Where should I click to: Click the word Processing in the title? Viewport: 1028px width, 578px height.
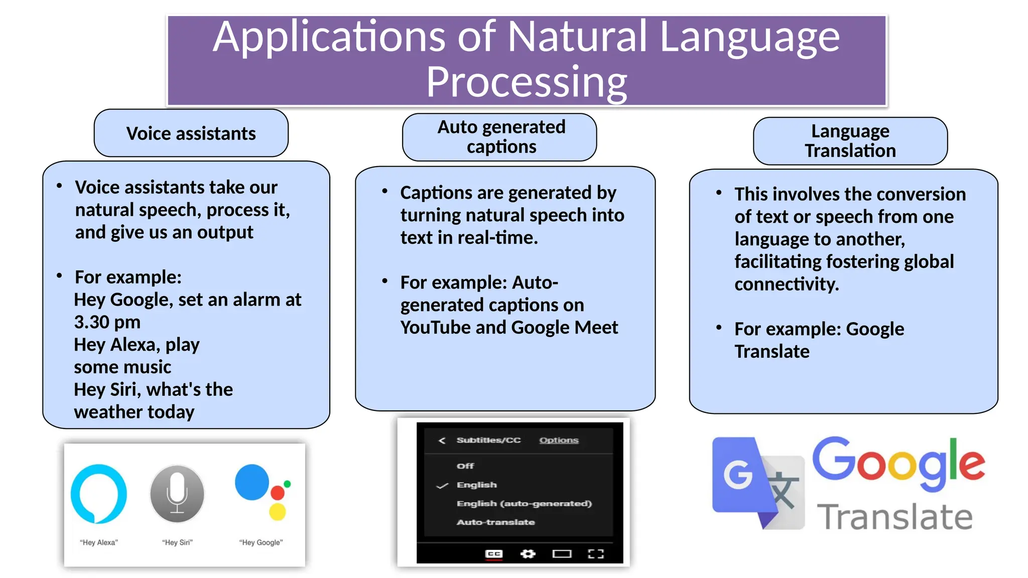point(527,82)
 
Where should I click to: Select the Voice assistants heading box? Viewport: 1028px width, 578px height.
point(191,133)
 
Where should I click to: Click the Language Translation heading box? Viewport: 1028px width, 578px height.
point(850,141)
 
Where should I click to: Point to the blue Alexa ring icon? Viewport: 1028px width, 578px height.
point(98,494)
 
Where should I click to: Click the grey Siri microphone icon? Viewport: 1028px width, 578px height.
point(177,494)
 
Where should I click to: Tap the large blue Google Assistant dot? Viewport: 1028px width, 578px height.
point(252,482)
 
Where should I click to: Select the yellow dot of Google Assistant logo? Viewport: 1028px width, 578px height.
point(277,512)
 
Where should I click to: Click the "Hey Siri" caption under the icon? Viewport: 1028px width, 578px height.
point(177,542)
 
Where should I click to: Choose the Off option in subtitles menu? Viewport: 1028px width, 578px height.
point(465,466)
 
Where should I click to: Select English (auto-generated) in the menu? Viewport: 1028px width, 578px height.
point(524,503)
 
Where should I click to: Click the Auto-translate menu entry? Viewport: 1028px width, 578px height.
point(495,522)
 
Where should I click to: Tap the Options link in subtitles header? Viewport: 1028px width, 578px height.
point(559,440)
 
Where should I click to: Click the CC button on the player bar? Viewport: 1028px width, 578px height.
point(494,554)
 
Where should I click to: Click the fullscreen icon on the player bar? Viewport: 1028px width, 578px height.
point(595,554)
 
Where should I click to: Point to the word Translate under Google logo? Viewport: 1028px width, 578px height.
point(895,517)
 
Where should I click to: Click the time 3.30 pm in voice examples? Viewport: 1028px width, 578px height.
point(107,322)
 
